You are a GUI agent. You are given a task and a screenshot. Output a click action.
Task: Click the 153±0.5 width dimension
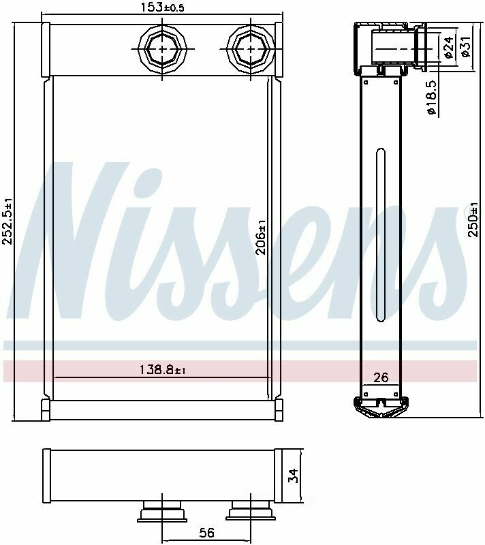pyautogui.click(x=162, y=7)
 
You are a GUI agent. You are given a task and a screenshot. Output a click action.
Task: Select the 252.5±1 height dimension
pyautogui.click(x=7, y=221)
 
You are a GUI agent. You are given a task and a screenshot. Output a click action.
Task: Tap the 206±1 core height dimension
pyautogui.click(x=261, y=237)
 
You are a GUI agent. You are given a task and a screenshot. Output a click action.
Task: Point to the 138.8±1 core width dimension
pyautogui.click(x=162, y=369)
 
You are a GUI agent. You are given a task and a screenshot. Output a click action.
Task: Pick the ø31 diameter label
pyautogui.click(x=465, y=46)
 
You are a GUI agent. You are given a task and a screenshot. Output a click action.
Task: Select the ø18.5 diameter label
pyautogui.click(x=431, y=97)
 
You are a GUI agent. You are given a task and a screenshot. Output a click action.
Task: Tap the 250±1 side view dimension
pyautogui.click(x=474, y=219)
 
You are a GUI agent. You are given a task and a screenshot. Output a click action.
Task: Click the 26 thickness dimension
pyautogui.click(x=380, y=377)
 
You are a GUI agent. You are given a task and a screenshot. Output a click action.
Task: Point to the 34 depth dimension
pyautogui.click(x=293, y=476)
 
